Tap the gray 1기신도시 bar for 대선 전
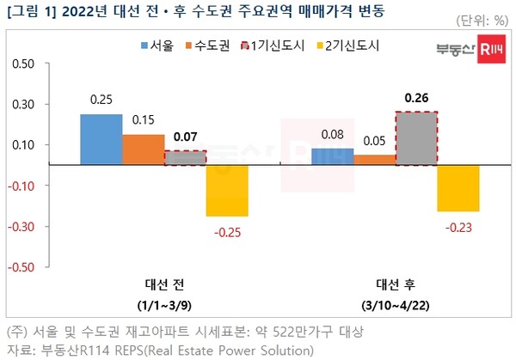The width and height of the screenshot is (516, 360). pos(185,157)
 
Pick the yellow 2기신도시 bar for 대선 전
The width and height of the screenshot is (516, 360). pos(227,190)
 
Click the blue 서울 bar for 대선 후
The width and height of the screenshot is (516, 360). pos(332,156)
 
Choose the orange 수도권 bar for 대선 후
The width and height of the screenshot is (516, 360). pos(374,159)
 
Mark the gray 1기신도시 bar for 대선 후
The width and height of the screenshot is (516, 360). pos(416,137)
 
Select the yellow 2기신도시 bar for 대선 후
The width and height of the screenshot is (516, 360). pos(458,187)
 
